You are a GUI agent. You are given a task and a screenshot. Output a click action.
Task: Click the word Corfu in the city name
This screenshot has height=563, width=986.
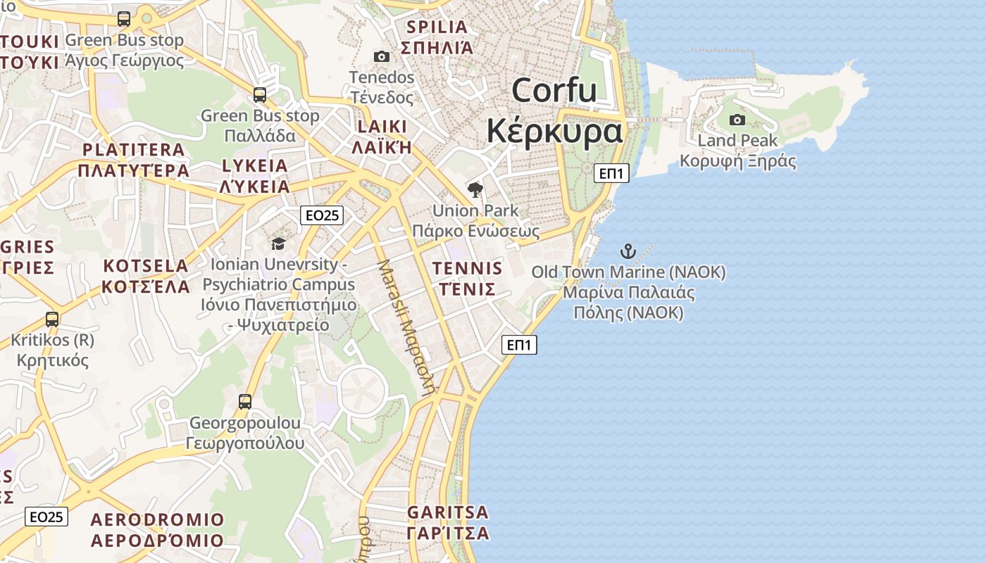pos(554,91)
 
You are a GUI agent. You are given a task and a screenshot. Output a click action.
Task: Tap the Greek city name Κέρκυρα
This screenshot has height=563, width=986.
pos(555,131)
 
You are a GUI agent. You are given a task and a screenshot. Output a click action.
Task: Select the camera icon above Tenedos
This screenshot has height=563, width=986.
pos(381,56)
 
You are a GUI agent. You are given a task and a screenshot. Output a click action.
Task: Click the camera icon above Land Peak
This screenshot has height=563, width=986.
pos(737,120)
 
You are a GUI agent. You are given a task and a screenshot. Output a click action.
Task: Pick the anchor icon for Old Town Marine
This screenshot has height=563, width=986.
pos(628,251)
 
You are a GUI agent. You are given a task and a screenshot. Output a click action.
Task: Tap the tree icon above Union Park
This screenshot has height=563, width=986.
pos(475,189)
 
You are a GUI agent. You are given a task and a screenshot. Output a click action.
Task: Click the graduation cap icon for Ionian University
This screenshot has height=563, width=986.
pos(278,243)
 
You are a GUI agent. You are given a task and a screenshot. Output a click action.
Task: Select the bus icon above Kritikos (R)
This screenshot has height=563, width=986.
pos(52,319)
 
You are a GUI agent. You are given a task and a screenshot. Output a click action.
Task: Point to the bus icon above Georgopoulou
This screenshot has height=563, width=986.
pos(245,402)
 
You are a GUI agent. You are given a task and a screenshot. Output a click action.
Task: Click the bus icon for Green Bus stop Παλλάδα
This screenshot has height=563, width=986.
pos(260,94)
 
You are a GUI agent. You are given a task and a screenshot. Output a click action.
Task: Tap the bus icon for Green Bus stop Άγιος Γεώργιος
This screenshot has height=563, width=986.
pos(124,19)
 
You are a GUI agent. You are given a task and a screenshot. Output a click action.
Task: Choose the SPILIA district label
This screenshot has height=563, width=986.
pos(437,27)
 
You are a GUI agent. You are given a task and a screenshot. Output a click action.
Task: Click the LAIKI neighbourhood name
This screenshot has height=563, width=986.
pos(382,127)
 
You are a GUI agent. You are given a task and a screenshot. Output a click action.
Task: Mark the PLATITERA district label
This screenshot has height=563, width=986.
pos(134,150)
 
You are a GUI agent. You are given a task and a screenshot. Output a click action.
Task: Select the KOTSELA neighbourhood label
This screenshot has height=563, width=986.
pos(146,266)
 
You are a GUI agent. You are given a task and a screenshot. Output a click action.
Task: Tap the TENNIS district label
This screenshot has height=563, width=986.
pos(468,268)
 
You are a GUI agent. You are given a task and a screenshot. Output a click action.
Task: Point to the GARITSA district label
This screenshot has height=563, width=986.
pos(448,512)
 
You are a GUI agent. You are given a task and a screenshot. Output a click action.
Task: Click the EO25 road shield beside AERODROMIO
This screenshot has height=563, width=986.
pos(47,517)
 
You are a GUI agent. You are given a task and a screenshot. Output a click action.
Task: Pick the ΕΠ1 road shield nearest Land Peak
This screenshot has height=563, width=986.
pos(611,173)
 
